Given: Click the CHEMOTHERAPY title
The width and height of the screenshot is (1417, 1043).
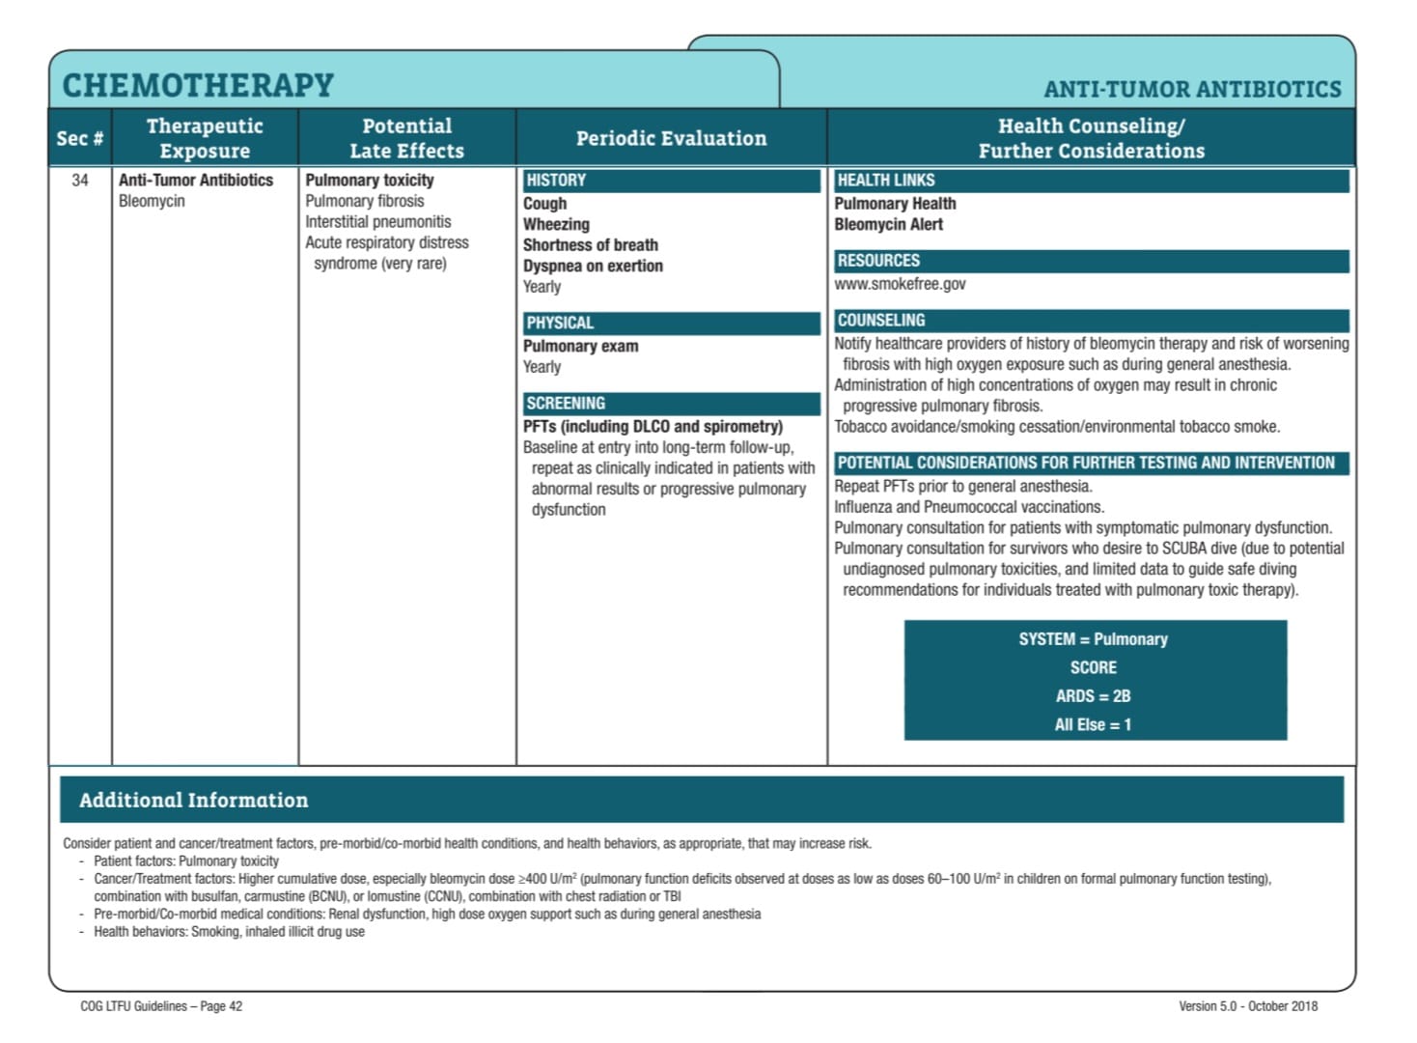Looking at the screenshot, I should coord(198,86).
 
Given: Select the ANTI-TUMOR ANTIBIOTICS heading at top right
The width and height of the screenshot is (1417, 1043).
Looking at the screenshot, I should coord(1192,90).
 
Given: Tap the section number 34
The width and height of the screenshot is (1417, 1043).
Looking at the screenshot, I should coord(80,180).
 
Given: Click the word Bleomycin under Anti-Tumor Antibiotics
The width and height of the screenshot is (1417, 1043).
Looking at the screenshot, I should coord(152,201).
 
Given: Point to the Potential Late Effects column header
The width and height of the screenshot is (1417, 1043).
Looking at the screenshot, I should coord(406,138).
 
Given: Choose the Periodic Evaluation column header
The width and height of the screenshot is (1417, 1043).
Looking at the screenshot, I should coord(671,138).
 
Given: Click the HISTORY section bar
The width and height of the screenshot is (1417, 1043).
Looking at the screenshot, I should coord(671,181).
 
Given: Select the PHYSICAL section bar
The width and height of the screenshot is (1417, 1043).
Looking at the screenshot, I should coord(671,323).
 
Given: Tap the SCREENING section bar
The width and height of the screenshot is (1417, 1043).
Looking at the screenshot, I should coord(671,404).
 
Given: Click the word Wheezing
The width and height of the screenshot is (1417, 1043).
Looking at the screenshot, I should coord(556,224).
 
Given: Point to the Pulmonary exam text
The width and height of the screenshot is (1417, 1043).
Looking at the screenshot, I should coord(580,346).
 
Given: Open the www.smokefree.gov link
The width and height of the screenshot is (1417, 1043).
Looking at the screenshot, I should coord(900,284).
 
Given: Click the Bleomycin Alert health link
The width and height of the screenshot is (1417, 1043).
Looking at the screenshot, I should coord(888,224).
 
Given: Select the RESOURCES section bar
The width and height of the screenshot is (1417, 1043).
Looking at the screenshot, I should coord(1091,261).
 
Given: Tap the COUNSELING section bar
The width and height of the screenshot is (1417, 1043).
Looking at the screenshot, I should coord(1091,321).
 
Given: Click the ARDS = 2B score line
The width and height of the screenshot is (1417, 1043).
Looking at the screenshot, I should coord(1093,696).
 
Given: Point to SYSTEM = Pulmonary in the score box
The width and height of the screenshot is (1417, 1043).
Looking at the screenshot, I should coord(1093,639).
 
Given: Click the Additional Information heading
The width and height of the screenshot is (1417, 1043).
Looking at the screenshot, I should coord(194,801).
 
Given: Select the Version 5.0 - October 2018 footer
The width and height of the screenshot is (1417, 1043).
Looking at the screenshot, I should coord(1247,1006).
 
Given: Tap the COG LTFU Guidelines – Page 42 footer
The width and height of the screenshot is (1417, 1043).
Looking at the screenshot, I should coord(161,1006).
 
